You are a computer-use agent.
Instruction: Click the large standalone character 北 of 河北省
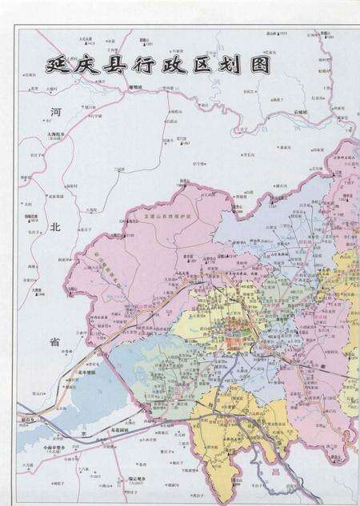[55, 227]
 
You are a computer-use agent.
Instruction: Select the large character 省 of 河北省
[55, 342]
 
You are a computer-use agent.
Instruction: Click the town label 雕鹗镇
[133, 86]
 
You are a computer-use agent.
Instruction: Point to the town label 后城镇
[299, 113]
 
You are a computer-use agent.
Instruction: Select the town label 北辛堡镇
[86, 373]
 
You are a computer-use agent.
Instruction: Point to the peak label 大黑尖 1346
[38, 292]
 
